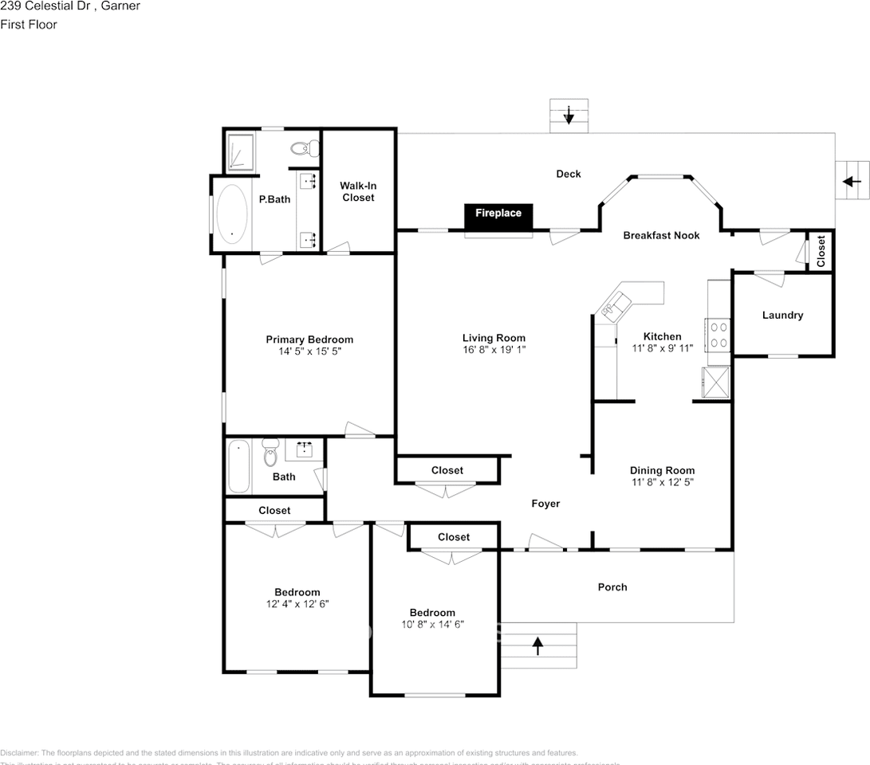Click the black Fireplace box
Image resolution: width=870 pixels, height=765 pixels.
coord(498,214)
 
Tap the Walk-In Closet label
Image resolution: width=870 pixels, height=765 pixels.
coord(358,191)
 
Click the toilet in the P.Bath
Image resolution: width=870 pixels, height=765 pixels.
coord(303,148)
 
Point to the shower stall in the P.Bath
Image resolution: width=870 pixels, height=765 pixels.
coord(240,151)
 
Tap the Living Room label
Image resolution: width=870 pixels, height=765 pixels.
coord(494,338)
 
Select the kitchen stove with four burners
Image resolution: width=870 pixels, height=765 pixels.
coord(718,334)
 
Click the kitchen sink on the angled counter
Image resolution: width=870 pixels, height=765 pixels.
coord(616,305)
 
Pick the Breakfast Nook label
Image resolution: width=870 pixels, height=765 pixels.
coord(661,236)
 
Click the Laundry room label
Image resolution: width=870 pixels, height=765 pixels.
coord(782,316)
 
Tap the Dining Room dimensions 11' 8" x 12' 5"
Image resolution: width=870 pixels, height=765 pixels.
coord(662,482)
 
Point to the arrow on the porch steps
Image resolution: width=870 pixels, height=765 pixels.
coord(537,645)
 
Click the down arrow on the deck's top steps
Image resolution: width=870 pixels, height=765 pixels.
coord(569,116)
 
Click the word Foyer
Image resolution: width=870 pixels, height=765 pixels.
coord(545,504)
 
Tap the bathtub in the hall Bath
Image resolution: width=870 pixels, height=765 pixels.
coord(238,466)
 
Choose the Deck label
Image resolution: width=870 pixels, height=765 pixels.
coord(569,174)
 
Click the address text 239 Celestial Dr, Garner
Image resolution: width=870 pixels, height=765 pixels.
coord(70,6)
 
